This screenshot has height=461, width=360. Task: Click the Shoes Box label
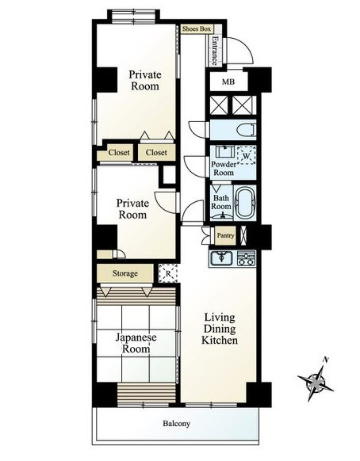(197, 29)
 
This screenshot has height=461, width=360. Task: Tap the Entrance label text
(215, 51)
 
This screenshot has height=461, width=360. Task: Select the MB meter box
(228, 82)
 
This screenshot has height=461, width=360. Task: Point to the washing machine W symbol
(246, 155)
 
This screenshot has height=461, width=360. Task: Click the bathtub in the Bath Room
(245, 203)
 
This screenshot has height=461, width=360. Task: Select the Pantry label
(225, 235)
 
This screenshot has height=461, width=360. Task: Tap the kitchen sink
(221, 258)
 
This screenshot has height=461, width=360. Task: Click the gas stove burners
(246, 258)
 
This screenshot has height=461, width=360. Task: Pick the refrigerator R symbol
(168, 273)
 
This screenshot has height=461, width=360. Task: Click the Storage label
(125, 273)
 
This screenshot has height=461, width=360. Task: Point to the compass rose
(316, 383)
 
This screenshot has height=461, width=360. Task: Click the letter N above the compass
(325, 360)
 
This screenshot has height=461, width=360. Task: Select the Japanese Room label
(136, 343)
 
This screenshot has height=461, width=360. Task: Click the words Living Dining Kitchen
(220, 329)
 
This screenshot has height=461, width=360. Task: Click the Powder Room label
(224, 169)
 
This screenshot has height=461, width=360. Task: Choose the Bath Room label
(221, 202)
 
